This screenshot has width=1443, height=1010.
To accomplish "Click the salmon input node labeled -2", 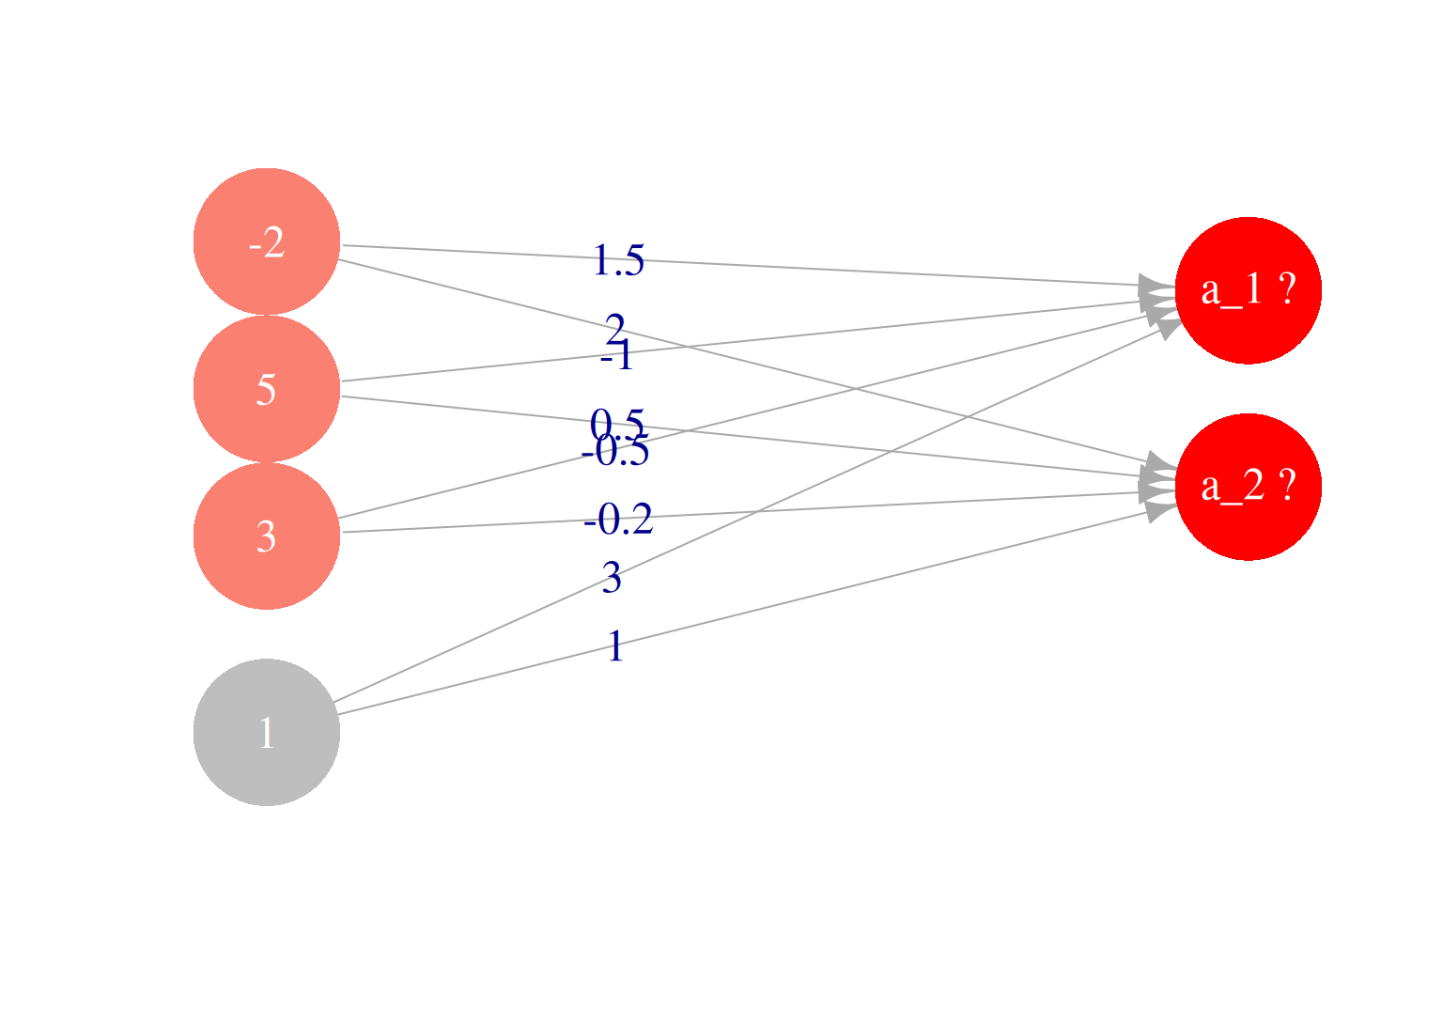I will click(267, 241).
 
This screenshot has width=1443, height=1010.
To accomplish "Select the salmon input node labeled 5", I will click(267, 388).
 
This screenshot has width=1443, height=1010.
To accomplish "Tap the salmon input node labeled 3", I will click(267, 536).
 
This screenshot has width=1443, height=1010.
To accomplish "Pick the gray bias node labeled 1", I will click(267, 732).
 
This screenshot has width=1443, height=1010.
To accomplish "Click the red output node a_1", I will click(1248, 290).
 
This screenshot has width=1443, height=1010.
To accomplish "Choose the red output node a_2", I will click(1248, 487).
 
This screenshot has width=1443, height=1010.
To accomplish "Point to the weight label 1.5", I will click(618, 261).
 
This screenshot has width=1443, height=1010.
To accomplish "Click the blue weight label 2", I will click(614, 329).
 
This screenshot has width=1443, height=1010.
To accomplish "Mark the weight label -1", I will click(617, 357).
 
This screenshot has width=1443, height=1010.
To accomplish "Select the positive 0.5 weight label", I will click(617, 423).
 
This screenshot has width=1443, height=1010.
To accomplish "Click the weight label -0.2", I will click(618, 520).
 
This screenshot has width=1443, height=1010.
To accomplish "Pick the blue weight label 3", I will click(612, 578).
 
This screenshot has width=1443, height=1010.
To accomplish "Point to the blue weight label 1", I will click(614, 646).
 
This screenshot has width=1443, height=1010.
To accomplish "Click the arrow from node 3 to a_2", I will click(846, 506).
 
